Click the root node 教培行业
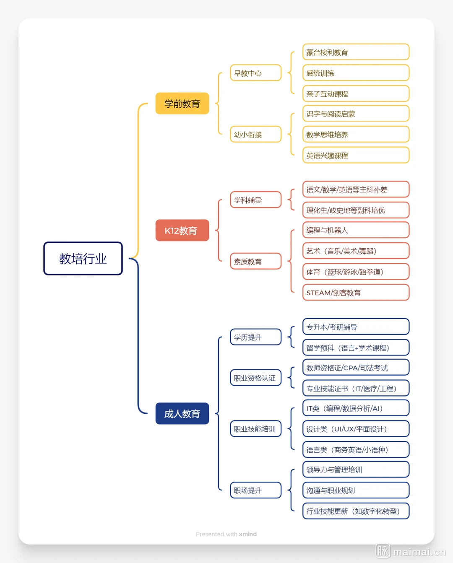83,258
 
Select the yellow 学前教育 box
182,104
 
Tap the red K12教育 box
182,230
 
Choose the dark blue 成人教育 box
182,413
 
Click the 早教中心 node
255,73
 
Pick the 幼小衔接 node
255,134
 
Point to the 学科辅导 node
255,200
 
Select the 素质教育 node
255,261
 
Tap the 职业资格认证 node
255,378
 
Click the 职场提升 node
255,490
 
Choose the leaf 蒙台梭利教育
356,52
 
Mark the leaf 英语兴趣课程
356,155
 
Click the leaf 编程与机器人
356,230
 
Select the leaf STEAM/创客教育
356,292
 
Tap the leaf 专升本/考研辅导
356,327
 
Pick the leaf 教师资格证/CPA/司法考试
356,367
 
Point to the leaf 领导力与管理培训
356,469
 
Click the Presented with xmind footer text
226,534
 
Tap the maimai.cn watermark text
419,552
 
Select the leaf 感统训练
356,73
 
